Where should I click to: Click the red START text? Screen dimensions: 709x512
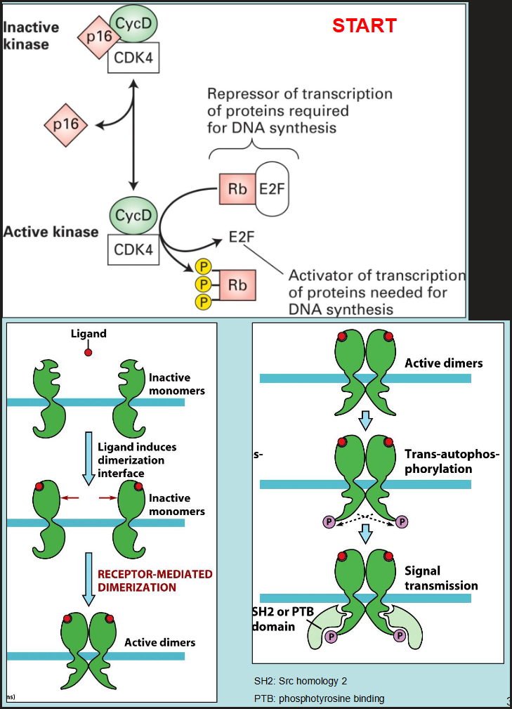(364, 26)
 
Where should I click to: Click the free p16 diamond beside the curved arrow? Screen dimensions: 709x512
(65, 126)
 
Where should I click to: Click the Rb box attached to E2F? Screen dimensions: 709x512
(237, 188)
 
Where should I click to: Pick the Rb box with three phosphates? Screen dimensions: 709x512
(236, 285)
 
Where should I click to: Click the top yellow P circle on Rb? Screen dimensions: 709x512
(204, 268)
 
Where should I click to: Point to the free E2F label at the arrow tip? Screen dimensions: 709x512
(241, 237)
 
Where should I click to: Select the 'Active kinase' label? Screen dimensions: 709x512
(51, 231)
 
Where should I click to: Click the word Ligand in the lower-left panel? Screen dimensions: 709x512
(88, 333)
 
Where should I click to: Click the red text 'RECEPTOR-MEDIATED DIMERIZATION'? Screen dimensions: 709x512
(155, 580)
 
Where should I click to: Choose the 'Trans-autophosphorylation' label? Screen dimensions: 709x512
(452, 461)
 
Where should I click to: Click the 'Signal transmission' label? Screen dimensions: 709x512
(440, 578)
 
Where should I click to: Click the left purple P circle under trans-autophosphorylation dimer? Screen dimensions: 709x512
(327, 521)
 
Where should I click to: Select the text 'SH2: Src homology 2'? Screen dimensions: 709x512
(300, 681)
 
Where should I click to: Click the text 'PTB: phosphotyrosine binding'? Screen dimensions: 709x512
(319, 698)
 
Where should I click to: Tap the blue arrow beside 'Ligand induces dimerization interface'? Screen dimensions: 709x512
(88, 458)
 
